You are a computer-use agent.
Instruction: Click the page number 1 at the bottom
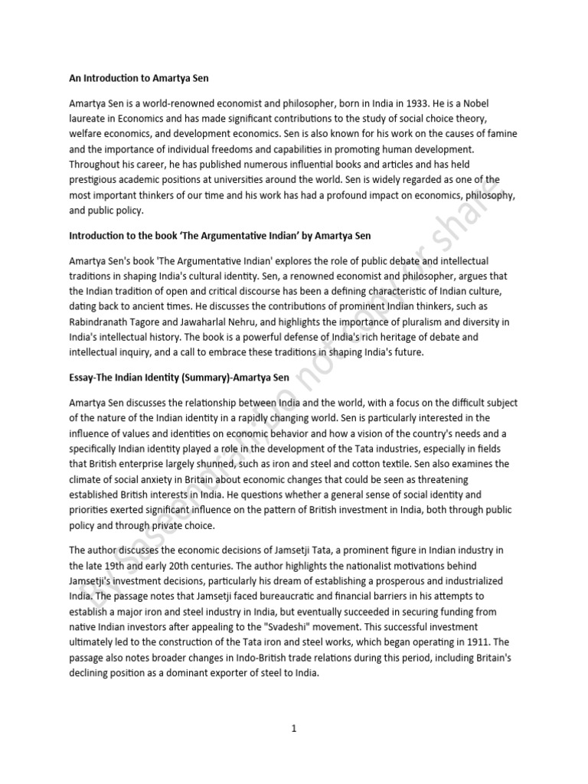click(294, 729)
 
